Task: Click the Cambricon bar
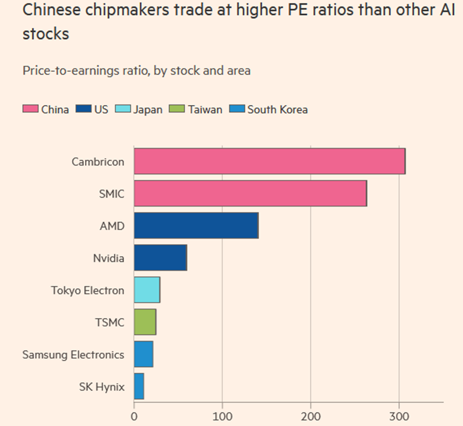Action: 269,161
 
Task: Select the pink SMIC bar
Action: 250,194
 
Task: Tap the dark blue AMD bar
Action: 196,225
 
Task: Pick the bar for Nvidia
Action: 160,258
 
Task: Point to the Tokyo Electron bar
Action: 146,290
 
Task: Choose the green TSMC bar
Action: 145,322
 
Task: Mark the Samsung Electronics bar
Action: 144,354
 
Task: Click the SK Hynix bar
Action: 139,386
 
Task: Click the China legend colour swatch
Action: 30,109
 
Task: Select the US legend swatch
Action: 83,109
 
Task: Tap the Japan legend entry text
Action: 148,110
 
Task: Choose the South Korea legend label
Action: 278,109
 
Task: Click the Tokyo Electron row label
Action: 87,290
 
